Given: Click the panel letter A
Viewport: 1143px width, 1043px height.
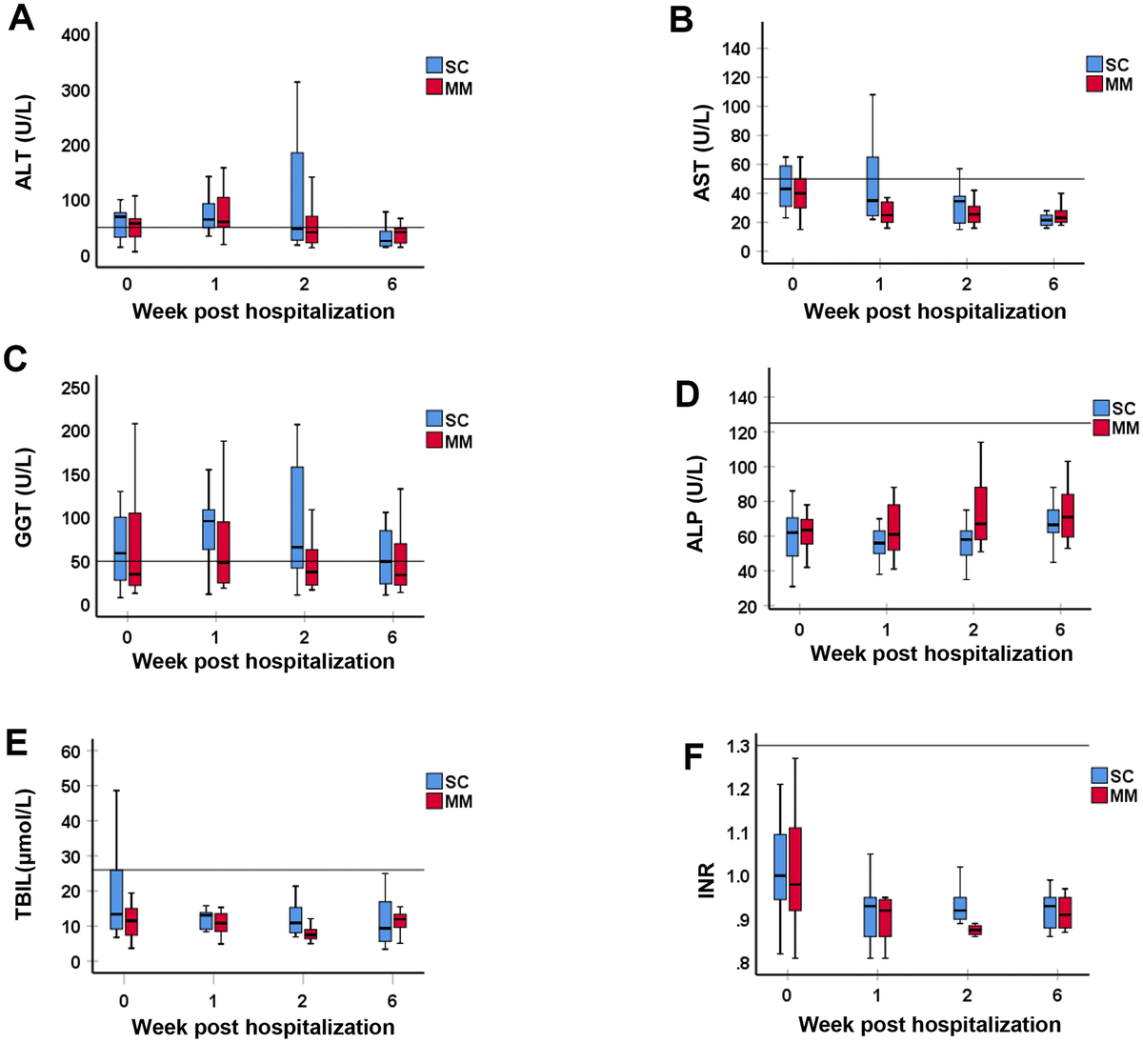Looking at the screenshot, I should tap(21, 19).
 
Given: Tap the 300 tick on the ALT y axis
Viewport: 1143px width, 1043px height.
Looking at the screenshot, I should tap(76, 90).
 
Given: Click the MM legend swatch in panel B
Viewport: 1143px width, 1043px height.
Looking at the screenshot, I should tap(1094, 85).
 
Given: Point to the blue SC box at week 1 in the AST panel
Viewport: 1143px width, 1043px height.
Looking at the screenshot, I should tap(872, 186).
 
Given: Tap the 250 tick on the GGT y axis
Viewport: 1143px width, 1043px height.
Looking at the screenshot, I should tap(76, 388).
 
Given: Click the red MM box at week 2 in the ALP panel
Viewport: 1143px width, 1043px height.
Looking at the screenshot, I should tap(980, 513).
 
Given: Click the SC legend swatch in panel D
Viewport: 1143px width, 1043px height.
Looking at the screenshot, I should tap(1102, 409).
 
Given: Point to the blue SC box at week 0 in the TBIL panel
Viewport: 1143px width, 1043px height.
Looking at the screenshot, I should tap(116, 899).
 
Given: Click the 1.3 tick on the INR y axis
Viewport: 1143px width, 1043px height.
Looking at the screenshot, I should tap(735, 746).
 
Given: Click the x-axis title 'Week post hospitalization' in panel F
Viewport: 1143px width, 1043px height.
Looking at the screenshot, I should tap(929, 1025).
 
